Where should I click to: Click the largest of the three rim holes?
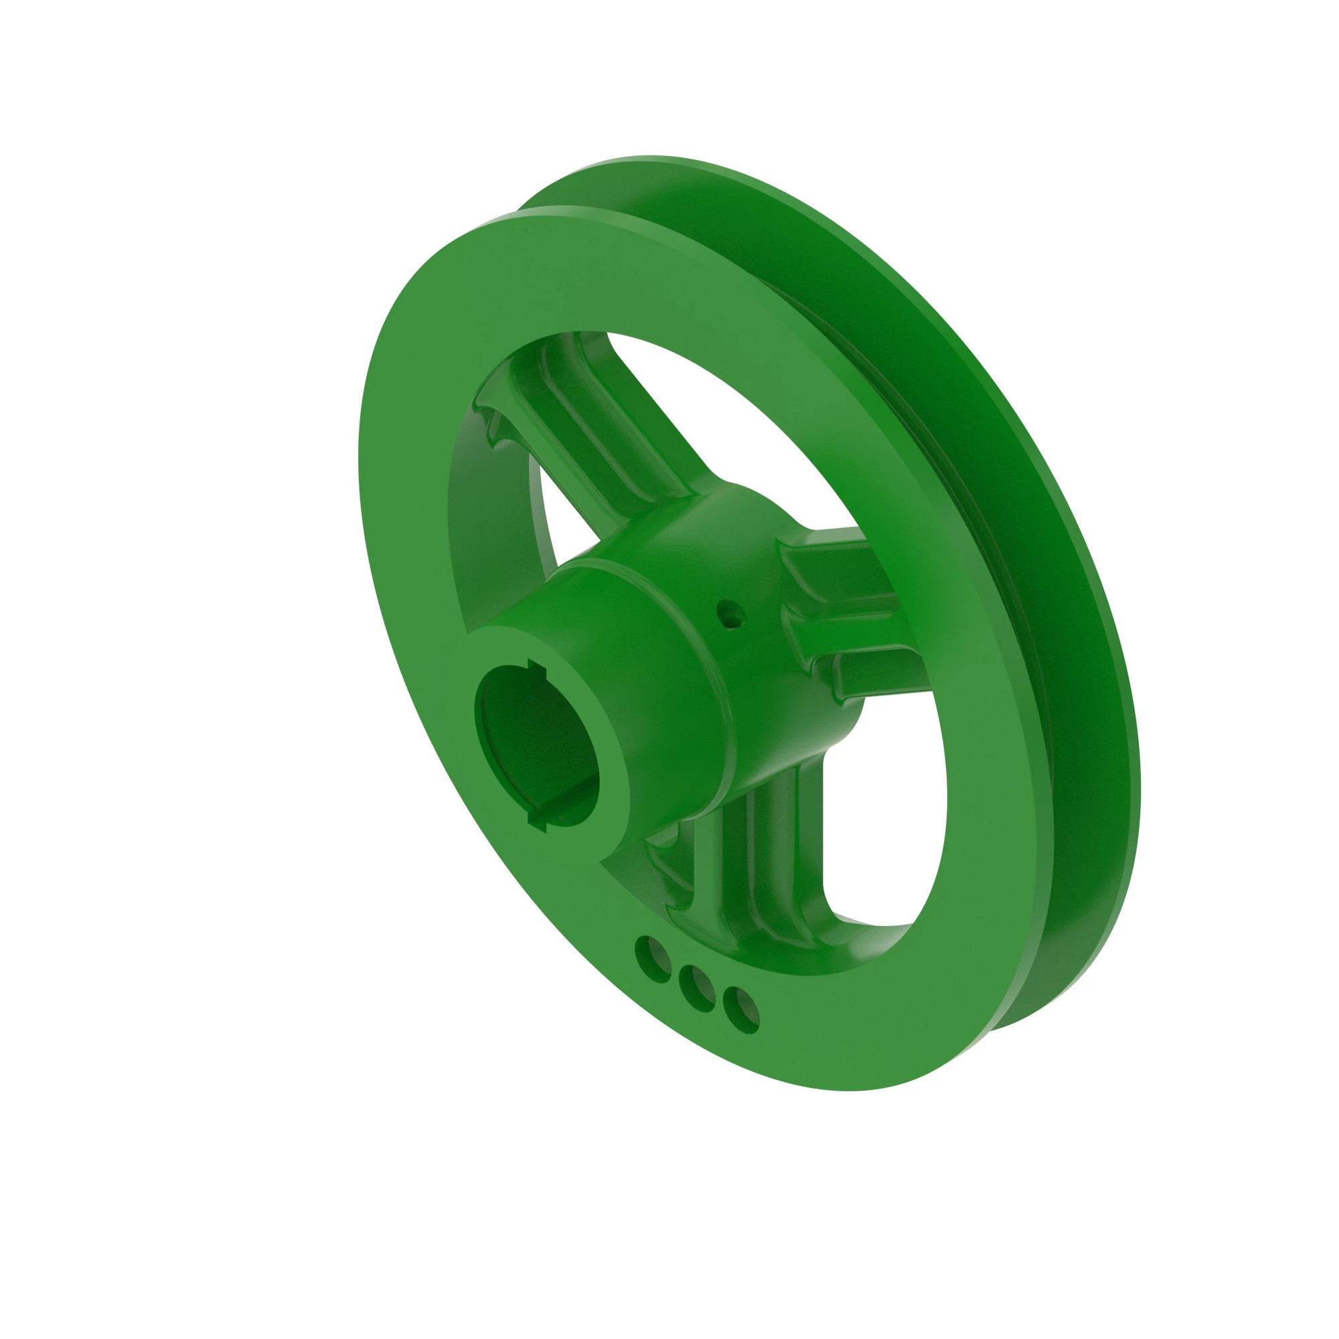(x=652, y=959)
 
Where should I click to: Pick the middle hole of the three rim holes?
(x=697, y=989)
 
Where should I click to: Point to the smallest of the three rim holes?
(x=741, y=1013)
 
